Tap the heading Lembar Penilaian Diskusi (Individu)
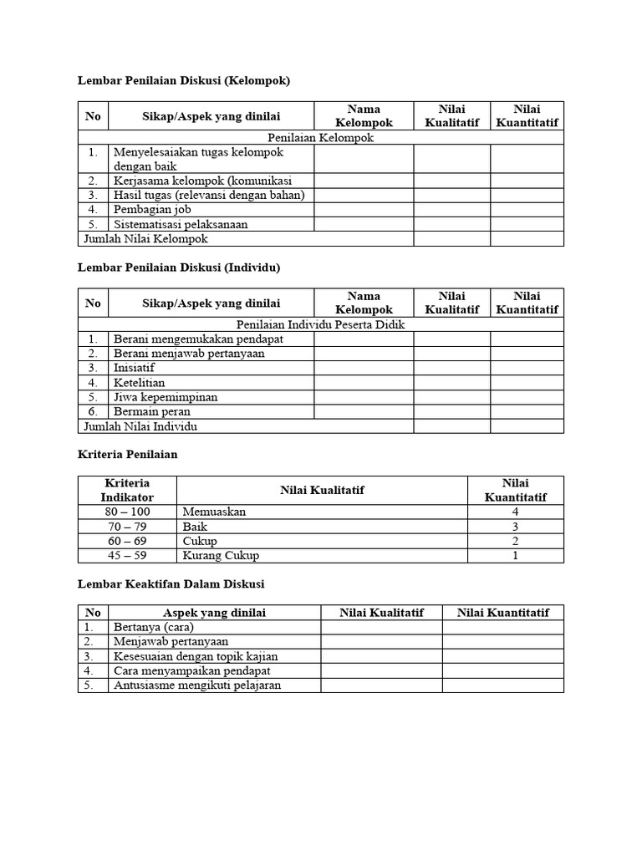click(x=178, y=267)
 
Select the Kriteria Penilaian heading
click(x=128, y=455)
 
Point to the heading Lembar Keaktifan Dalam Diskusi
click(x=171, y=583)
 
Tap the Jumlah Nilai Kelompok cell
click(x=145, y=238)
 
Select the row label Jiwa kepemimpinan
click(x=166, y=397)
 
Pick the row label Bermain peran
click(x=152, y=411)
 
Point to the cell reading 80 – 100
click(x=128, y=512)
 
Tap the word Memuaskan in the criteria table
click(x=213, y=512)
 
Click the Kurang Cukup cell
click(x=221, y=555)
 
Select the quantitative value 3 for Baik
click(x=516, y=527)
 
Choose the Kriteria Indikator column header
click(x=128, y=490)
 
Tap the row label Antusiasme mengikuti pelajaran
click(x=197, y=685)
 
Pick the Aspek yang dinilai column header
click(x=214, y=613)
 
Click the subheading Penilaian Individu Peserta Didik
click(x=321, y=324)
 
